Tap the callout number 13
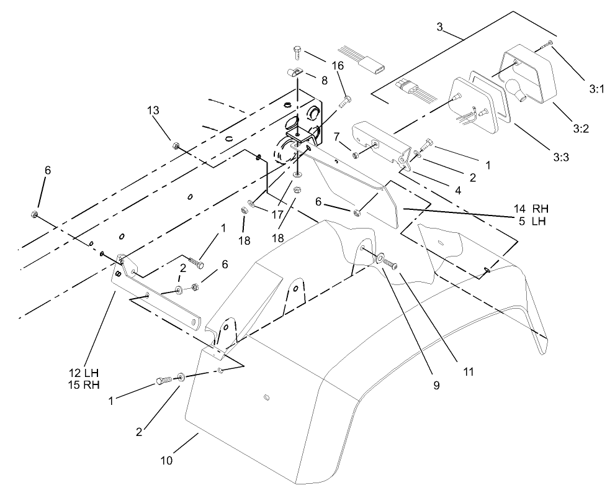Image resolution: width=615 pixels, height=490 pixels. coord(153,111)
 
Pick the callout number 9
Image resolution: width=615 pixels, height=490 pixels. coord(436,385)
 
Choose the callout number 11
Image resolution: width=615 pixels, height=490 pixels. coord(468,372)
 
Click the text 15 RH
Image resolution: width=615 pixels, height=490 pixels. coord(84,384)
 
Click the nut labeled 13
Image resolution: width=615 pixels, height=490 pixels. coord(176,147)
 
